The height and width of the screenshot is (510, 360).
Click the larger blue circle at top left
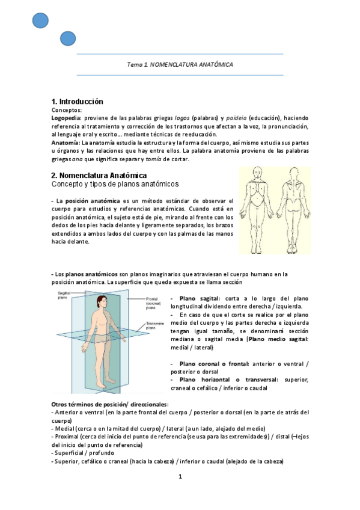point(40,20)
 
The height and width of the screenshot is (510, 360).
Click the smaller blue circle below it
point(68,39)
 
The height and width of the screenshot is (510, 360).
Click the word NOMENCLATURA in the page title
point(175,64)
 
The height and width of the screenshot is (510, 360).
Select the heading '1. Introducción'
point(77,102)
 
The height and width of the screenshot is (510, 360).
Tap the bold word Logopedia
point(66,118)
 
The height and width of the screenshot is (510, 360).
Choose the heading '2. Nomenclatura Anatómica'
point(99,175)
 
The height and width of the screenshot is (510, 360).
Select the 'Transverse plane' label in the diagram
point(155,327)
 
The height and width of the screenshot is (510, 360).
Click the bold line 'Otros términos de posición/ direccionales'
point(110,404)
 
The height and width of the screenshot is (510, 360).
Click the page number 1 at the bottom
point(180,477)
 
